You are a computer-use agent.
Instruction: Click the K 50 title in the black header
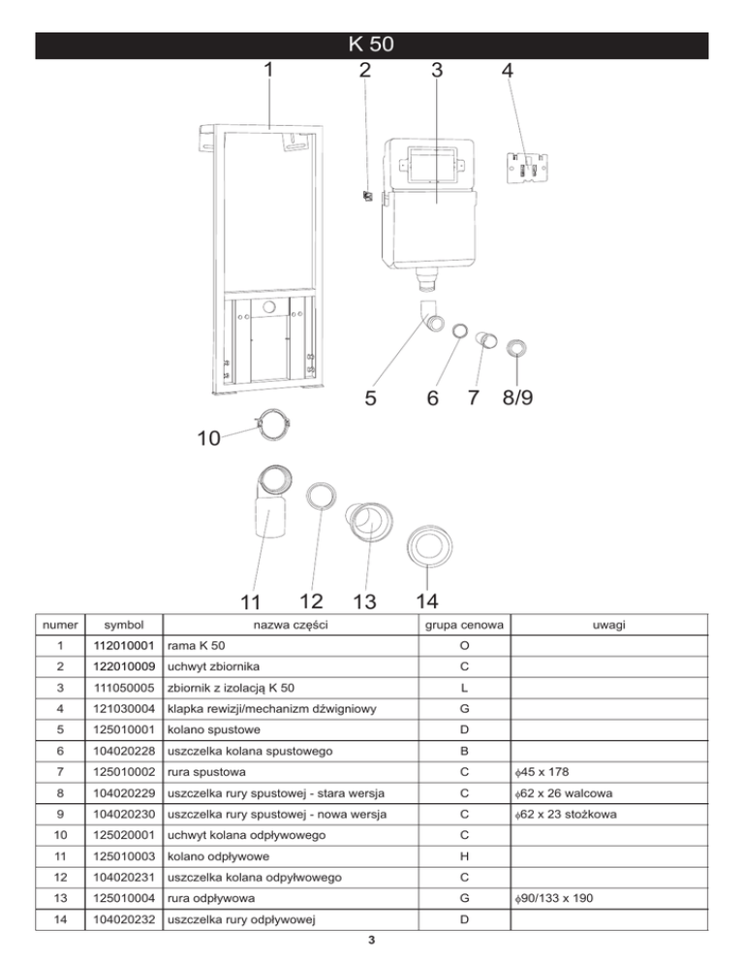[x=372, y=45]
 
